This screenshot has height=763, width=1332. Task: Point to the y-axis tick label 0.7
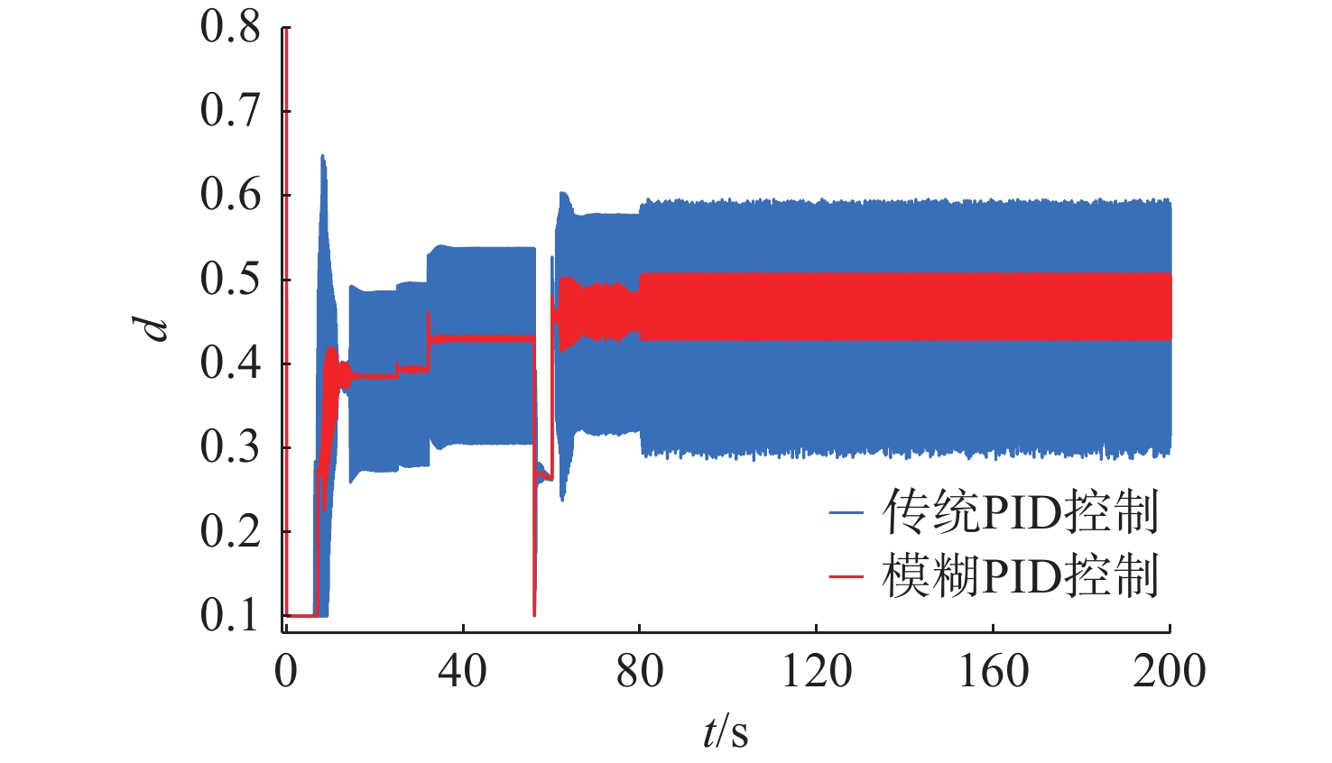click(230, 111)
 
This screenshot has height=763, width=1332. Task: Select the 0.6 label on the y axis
click(230, 195)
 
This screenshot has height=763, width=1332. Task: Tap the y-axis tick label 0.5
click(230, 280)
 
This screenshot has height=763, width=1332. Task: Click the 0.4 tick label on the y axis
click(230, 363)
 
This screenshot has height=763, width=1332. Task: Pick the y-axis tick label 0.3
click(230, 447)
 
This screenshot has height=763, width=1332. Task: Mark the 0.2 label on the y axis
click(230, 531)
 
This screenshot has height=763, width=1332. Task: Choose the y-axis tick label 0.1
click(230, 615)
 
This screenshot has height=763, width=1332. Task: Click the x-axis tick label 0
click(286, 672)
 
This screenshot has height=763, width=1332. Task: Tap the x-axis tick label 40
click(462, 672)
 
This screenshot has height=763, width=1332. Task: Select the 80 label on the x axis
click(639, 672)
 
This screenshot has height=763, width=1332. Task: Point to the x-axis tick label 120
click(816, 672)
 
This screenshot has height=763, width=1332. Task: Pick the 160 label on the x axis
click(993, 672)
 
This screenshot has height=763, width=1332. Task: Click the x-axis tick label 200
click(1170, 672)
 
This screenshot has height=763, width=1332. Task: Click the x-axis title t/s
click(726, 731)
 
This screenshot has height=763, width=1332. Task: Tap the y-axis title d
click(157, 328)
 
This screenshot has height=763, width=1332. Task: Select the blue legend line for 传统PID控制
click(846, 514)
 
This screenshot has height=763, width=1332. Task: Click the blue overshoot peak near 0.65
click(322, 158)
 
